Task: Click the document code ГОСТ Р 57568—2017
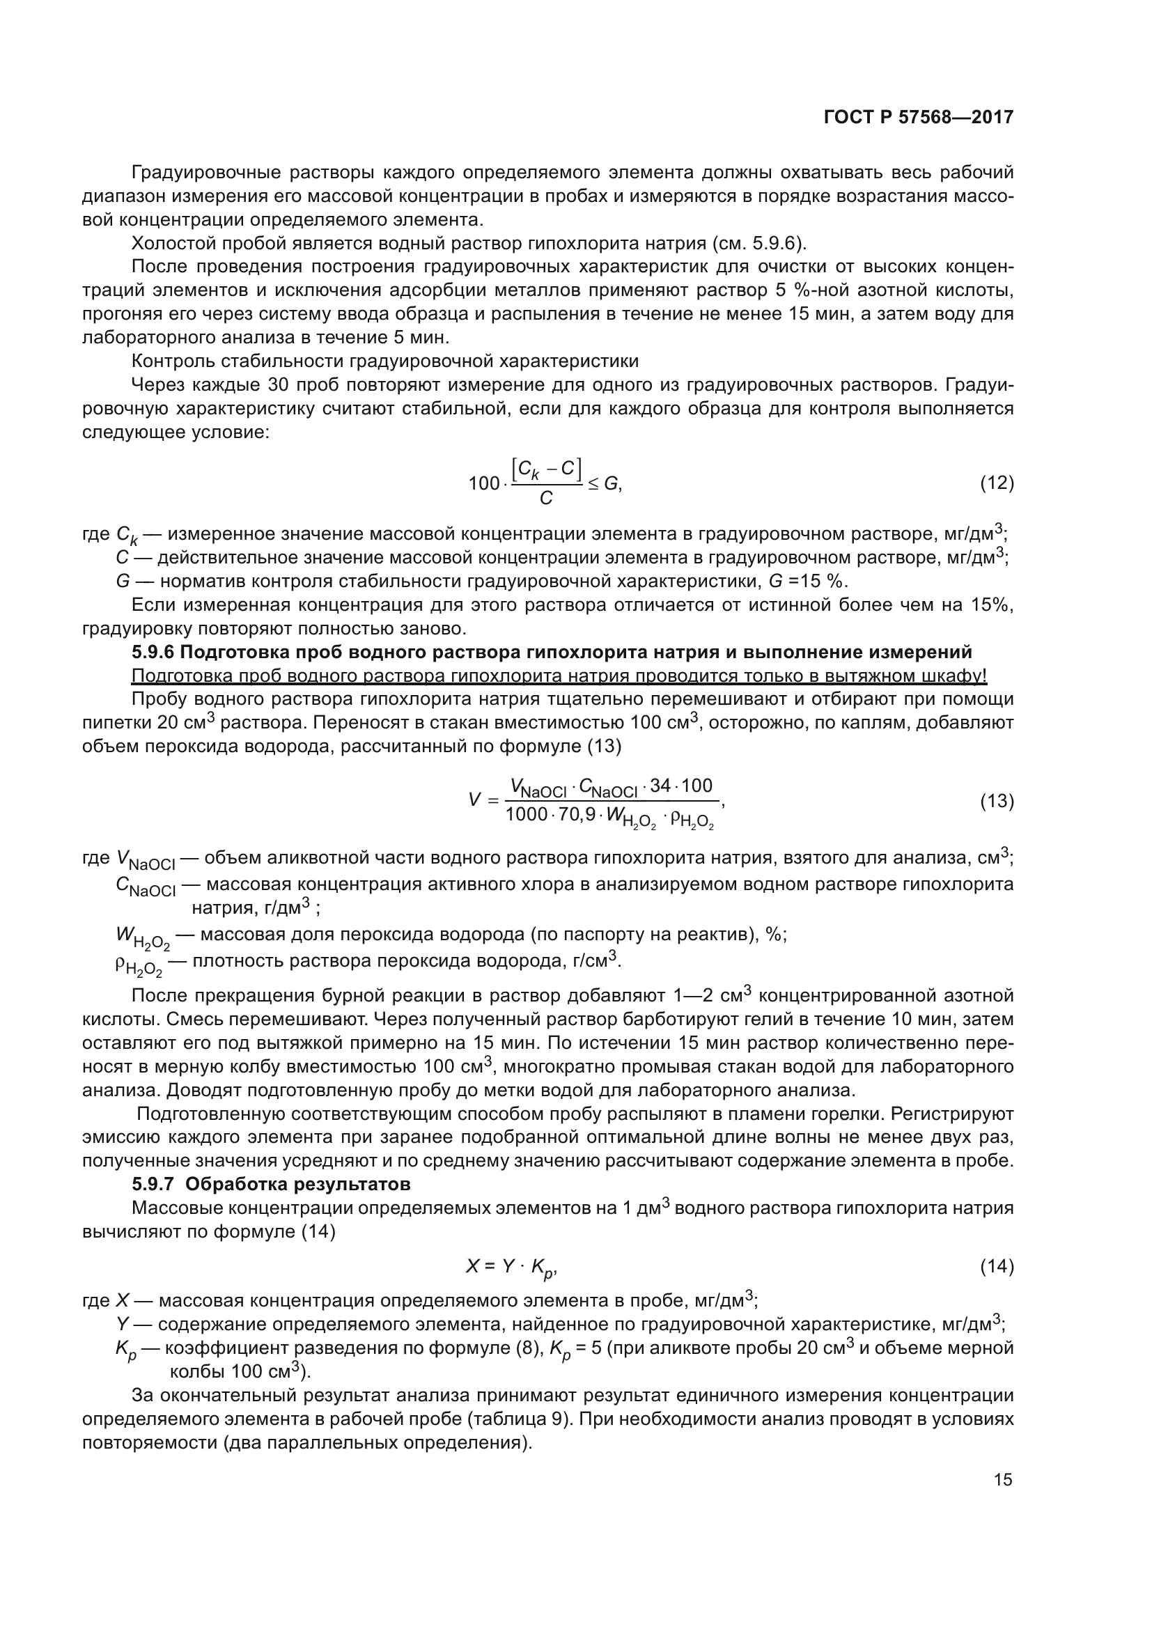click(x=919, y=117)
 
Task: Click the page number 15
click(x=1003, y=1479)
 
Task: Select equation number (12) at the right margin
click(x=997, y=484)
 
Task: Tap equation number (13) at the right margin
click(x=997, y=802)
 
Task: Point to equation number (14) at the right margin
click(x=997, y=1266)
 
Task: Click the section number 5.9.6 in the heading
click(x=153, y=652)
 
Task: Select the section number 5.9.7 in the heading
click(x=153, y=1184)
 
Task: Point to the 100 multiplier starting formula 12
click(x=484, y=485)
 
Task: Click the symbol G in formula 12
click(x=611, y=484)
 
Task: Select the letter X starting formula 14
click(x=472, y=1265)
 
